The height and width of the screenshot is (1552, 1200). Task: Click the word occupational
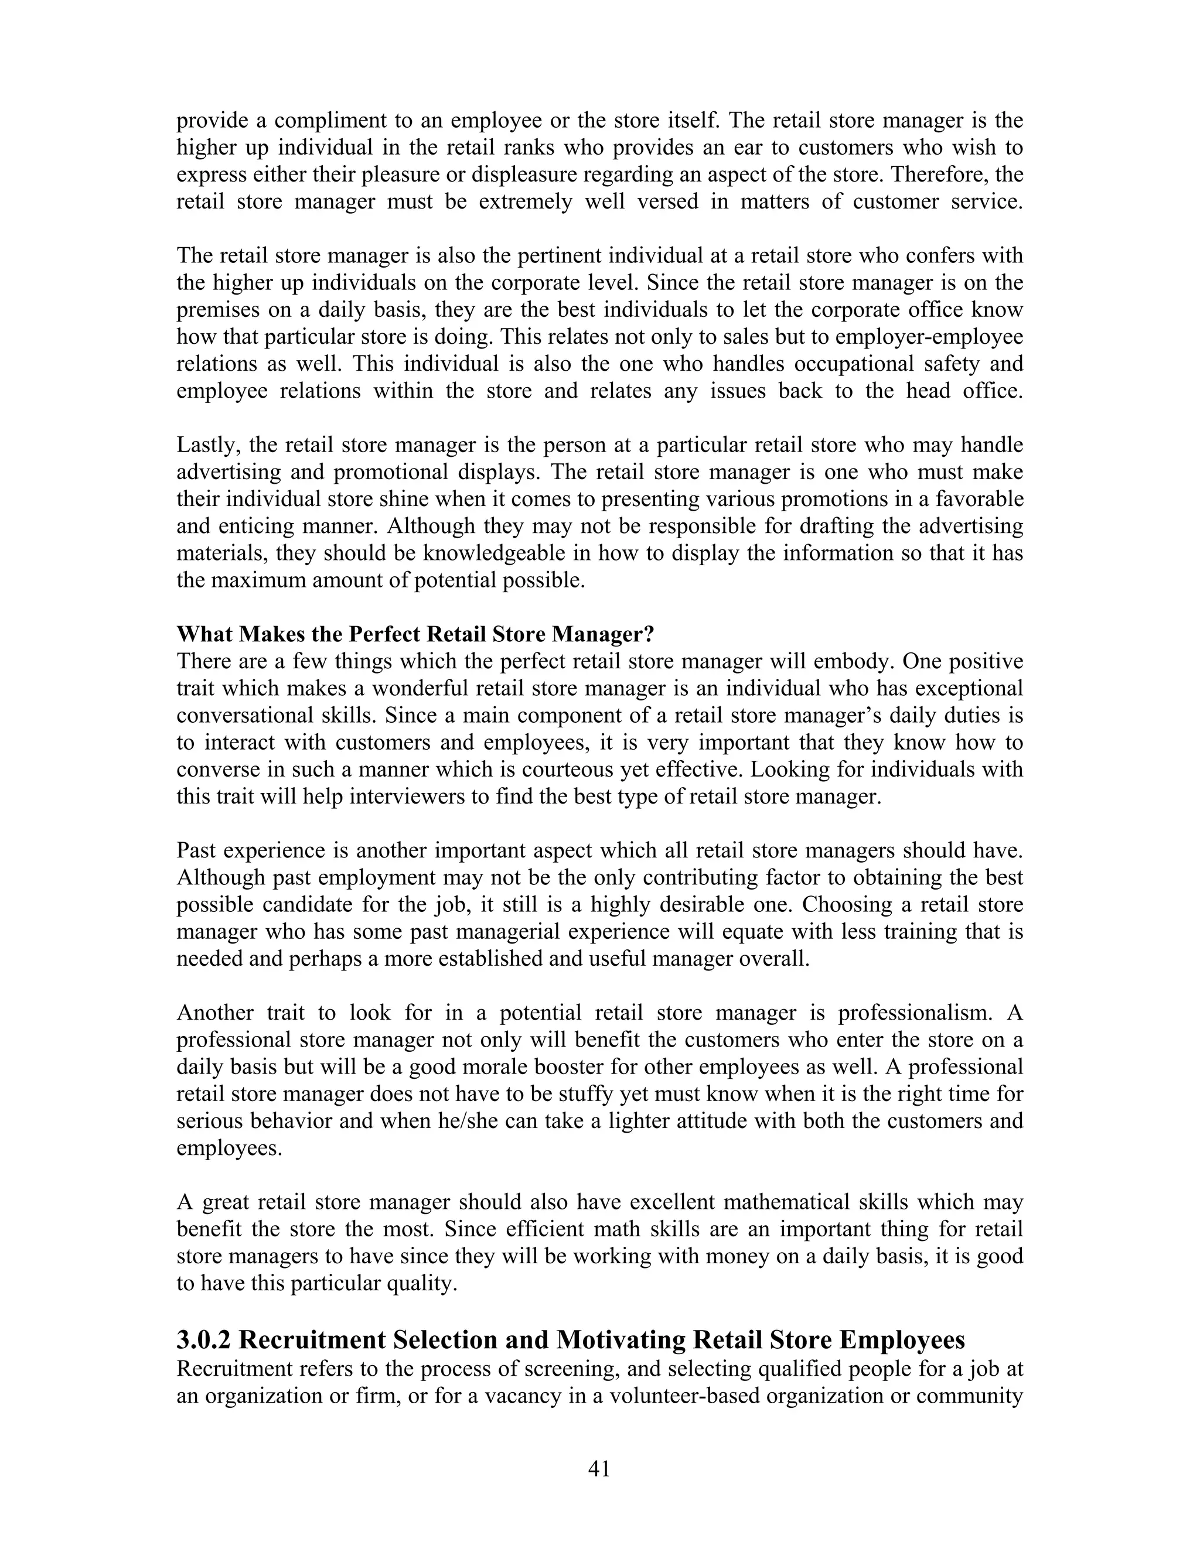(x=849, y=364)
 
